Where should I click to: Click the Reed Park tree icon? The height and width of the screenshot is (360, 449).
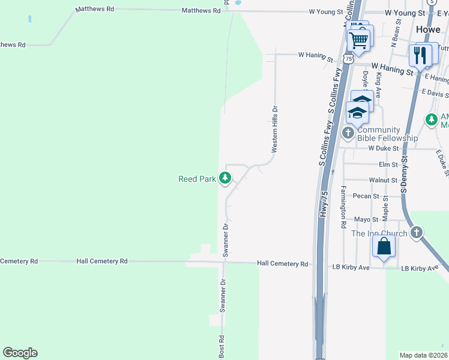pyautogui.click(x=225, y=178)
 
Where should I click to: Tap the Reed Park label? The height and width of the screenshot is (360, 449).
pyautogui.click(x=197, y=179)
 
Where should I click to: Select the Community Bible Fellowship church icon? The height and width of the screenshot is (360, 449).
pyautogui.click(x=348, y=132)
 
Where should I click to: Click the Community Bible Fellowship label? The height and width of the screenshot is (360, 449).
pyautogui.click(x=387, y=134)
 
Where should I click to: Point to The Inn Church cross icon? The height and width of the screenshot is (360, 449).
pyautogui.click(x=417, y=233)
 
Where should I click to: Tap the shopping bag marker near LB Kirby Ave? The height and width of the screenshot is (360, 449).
pyautogui.click(x=384, y=247)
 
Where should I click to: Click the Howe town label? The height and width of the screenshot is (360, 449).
pyautogui.click(x=428, y=29)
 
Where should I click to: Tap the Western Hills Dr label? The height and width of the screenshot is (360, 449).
pyautogui.click(x=275, y=130)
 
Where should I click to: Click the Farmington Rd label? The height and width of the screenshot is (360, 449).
pyautogui.click(x=343, y=206)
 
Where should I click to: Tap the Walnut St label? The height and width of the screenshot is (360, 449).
pyautogui.click(x=383, y=180)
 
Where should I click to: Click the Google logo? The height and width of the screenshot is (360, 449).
pyautogui.click(x=20, y=353)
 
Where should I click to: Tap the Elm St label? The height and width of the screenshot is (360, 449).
pyautogui.click(x=388, y=164)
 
